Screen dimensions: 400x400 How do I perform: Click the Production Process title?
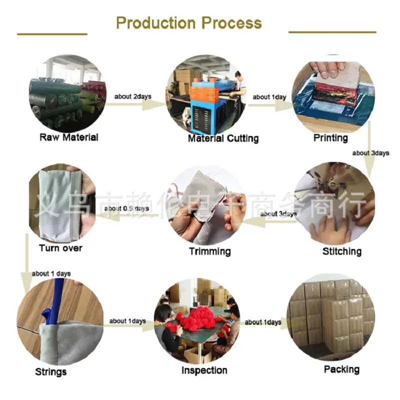pyautogui.click(x=189, y=23)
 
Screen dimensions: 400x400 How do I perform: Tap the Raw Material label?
pyautogui.click(x=69, y=137)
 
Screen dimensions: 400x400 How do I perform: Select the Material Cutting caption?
pyautogui.click(x=223, y=138)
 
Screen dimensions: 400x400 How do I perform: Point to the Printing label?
pyautogui.click(x=330, y=138)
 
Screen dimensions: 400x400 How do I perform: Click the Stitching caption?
pyautogui.click(x=342, y=251)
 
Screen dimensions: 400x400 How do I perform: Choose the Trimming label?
pyautogui.click(x=210, y=251)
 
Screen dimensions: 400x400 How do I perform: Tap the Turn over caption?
pyautogui.click(x=60, y=248)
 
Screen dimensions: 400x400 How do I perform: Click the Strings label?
pyautogui.click(x=51, y=372)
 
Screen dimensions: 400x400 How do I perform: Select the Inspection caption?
pyautogui.click(x=204, y=370)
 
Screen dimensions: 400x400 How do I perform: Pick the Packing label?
pyautogui.click(x=341, y=369)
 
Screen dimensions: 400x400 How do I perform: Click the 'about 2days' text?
pyautogui.click(x=132, y=96)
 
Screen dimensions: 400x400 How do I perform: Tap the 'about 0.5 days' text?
pyautogui.click(x=126, y=208)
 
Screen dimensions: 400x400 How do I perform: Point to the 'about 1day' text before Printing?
pyautogui.click(x=269, y=97)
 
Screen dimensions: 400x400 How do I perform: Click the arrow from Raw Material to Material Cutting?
pyautogui.click(x=135, y=104)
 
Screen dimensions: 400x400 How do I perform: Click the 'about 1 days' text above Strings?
pyautogui.click(x=51, y=273)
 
